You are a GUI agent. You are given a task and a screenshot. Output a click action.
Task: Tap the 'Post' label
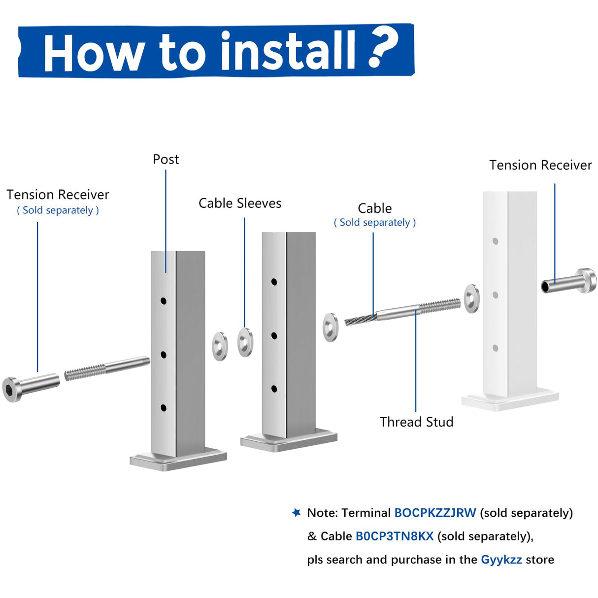[x=166, y=160]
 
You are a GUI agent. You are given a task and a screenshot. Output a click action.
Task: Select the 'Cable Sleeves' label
[x=240, y=203]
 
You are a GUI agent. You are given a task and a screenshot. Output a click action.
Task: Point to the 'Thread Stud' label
[x=416, y=422]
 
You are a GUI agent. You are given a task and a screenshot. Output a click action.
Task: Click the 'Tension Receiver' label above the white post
[x=540, y=166]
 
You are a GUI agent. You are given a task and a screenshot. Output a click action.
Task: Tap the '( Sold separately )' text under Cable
[x=375, y=223]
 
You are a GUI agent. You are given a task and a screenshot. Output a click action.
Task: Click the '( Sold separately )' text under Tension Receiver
[x=58, y=210]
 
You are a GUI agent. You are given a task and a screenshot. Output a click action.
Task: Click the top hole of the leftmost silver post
[x=164, y=300]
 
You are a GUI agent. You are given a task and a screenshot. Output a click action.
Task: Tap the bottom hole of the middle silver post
[x=274, y=389]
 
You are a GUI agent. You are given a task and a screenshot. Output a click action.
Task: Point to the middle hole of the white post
[x=496, y=295]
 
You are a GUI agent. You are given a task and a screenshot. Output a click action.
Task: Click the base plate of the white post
[x=510, y=399]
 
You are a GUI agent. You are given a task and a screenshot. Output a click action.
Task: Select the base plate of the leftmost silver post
[x=178, y=459]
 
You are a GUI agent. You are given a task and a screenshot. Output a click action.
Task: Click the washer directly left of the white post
[x=472, y=299]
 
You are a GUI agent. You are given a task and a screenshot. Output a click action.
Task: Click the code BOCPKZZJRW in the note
[x=435, y=513]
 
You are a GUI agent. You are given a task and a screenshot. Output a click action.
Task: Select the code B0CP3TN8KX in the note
[x=395, y=536]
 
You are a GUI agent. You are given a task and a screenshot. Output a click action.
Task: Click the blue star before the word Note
[x=296, y=512]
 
